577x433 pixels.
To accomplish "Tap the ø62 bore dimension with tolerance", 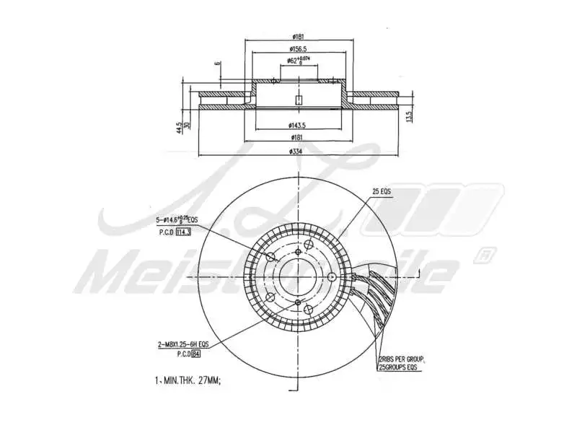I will point(296,61).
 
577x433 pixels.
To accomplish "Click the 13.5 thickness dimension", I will point(408,115).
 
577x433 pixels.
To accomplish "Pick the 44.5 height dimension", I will point(179,127).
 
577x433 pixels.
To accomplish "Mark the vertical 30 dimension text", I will point(187,124).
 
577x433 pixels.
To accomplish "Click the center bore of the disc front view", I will point(298,277).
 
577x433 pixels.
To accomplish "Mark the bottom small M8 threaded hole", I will point(298,303).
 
